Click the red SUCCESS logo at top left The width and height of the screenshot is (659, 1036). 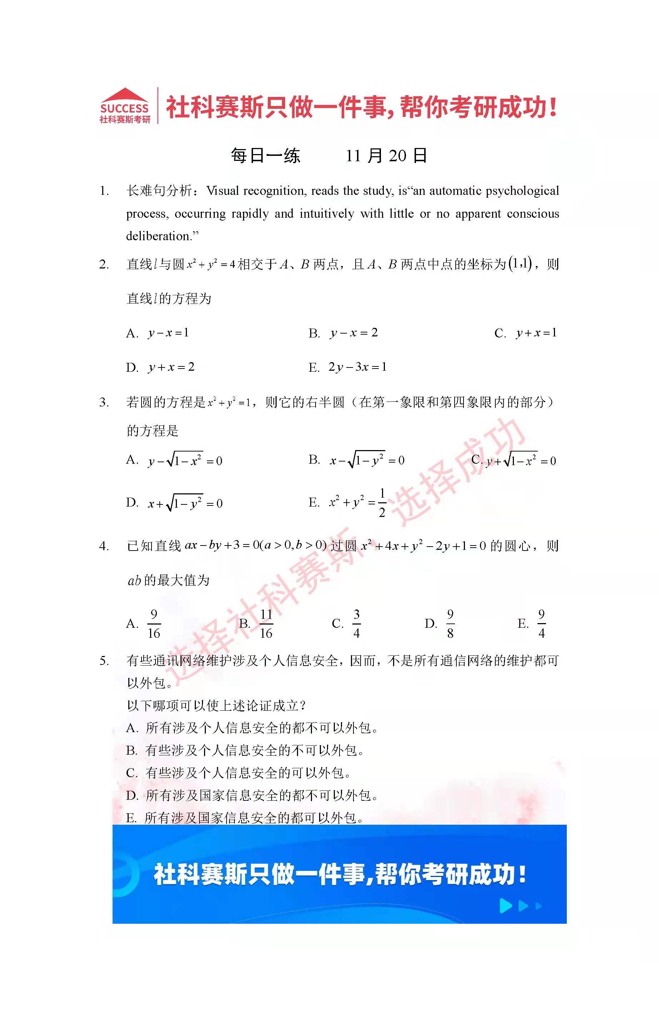[x=125, y=106]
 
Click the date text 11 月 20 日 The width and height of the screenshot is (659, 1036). [x=386, y=156]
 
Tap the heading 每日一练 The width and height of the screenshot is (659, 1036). [x=266, y=156]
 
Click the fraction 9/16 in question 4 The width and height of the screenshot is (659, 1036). [x=154, y=623]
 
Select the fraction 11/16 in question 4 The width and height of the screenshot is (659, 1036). [x=266, y=623]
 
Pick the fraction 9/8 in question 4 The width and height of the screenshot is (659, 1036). [x=450, y=623]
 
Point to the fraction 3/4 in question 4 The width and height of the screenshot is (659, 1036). [x=357, y=623]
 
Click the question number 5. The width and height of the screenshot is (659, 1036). [x=104, y=661]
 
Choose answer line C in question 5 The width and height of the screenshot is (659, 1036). [x=239, y=773]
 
